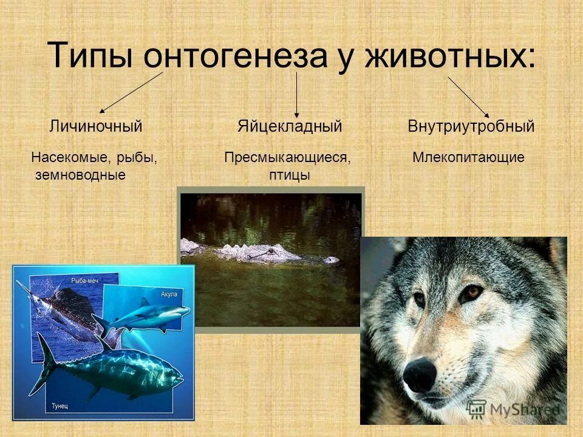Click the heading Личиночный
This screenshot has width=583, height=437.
coord(95,127)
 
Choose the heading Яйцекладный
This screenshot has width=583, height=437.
coord(290,127)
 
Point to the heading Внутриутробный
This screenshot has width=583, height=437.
coord(471,127)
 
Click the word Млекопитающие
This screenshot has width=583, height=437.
coord(468,158)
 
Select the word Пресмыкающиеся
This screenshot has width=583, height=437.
coord(288,158)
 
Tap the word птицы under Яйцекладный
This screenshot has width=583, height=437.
coord(290,175)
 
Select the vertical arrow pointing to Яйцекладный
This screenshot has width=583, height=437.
coord(296,94)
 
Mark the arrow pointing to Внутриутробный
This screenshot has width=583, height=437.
coord(468,96)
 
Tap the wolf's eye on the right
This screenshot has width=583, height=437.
coord(469,293)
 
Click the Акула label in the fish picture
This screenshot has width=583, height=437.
coord(169,294)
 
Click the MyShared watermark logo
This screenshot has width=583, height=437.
coord(515,408)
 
